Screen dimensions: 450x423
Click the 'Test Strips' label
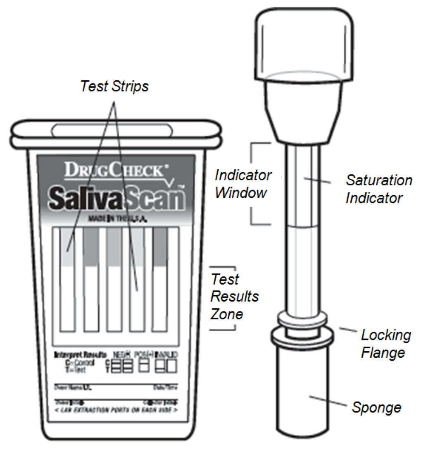tap(114, 87)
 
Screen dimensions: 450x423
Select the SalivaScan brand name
tap(116, 199)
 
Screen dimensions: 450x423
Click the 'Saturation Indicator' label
tap(378, 189)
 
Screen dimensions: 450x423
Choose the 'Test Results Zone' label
tap(234, 297)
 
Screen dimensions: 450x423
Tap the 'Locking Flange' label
tap(386, 343)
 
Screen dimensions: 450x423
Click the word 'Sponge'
tap(376, 407)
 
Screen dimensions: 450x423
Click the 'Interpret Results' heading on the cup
tap(77, 354)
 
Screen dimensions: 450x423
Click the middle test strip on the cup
tap(114, 279)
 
